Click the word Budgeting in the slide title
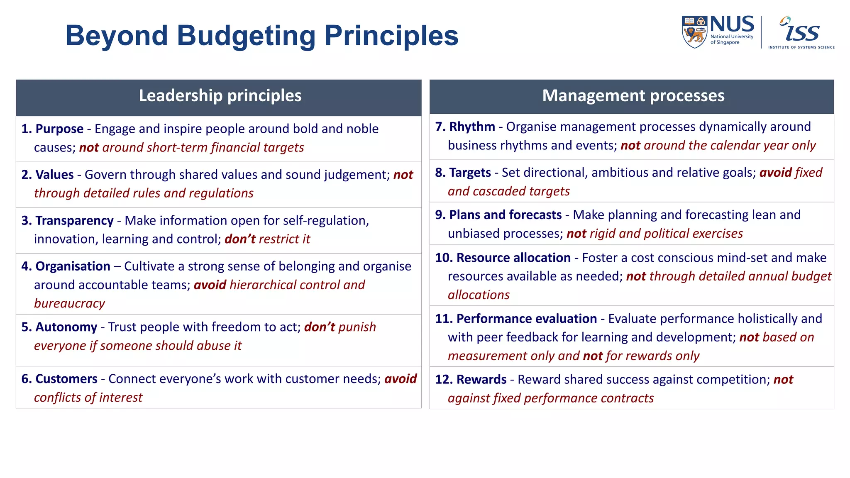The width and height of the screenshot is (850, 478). [246, 36]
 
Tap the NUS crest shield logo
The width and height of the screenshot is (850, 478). [694, 32]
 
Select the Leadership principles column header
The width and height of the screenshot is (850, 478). [220, 96]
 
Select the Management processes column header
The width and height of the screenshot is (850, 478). [633, 96]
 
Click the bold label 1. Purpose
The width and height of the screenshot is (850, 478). [53, 129]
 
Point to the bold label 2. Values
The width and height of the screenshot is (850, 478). [48, 175]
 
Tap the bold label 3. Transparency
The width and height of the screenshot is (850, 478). [68, 221]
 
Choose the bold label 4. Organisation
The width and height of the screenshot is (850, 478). [66, 266]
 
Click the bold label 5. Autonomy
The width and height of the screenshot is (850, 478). [59, 327]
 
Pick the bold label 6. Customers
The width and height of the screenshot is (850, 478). [59, 379]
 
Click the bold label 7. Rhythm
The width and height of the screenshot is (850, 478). [465, 127]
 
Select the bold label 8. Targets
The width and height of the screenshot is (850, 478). [463, 173]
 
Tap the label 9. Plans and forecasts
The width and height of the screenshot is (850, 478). [498, 215]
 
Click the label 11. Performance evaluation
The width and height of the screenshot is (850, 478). [516, 319]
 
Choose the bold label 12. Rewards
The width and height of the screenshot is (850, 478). [471, 380]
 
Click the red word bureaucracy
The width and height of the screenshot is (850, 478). [69, 304]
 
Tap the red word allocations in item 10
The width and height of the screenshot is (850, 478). [479, 295]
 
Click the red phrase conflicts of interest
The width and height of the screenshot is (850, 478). [88, 398]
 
